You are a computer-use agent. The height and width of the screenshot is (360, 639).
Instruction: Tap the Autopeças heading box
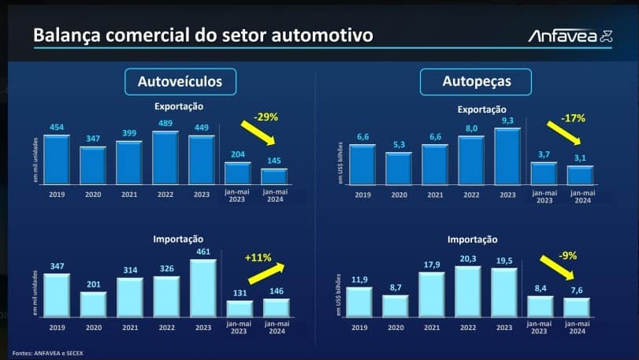(x=476, y=81)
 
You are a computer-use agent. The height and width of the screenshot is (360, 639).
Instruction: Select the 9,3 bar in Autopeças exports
(x=507, y=155)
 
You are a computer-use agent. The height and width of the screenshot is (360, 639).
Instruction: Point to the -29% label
(x=266, y=117)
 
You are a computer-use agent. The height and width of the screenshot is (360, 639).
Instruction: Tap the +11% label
(x=258, y=258)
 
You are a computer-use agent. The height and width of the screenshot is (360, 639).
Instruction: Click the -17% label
(x=574, y=118)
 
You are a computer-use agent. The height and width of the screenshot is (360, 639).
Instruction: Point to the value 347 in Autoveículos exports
(x=93, y=139)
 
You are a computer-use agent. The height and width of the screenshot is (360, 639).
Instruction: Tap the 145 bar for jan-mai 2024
(x=274, y=176)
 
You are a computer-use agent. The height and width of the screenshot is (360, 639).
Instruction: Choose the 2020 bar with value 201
(x=93, y=304)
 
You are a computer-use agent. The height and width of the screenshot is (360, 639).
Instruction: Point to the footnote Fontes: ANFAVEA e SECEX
(x=46, y=352)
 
